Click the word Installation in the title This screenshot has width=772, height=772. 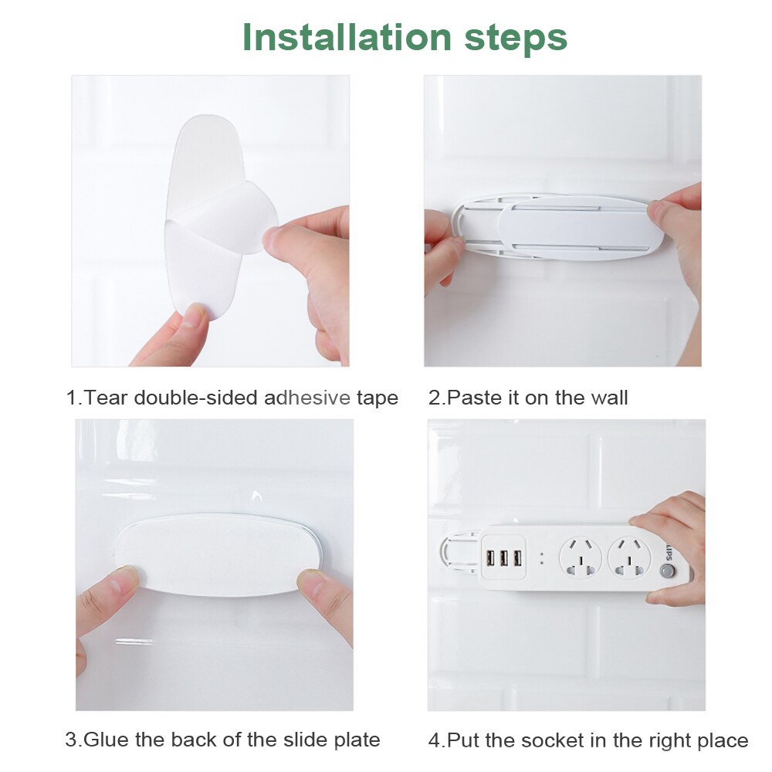347,37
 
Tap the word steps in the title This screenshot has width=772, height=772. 516,39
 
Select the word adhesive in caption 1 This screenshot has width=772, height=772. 307,398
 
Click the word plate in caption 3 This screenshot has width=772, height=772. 358,741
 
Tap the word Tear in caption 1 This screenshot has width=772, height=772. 107,398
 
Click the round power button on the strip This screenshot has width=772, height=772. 667,571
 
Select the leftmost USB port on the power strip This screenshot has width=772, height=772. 490,558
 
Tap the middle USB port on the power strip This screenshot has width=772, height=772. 503,558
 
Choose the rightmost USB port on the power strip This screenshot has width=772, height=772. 517,558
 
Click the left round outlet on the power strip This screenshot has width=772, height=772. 581,558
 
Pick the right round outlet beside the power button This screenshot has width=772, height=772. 629,558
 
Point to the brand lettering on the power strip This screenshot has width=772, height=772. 670,550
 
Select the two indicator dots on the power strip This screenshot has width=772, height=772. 542,558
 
